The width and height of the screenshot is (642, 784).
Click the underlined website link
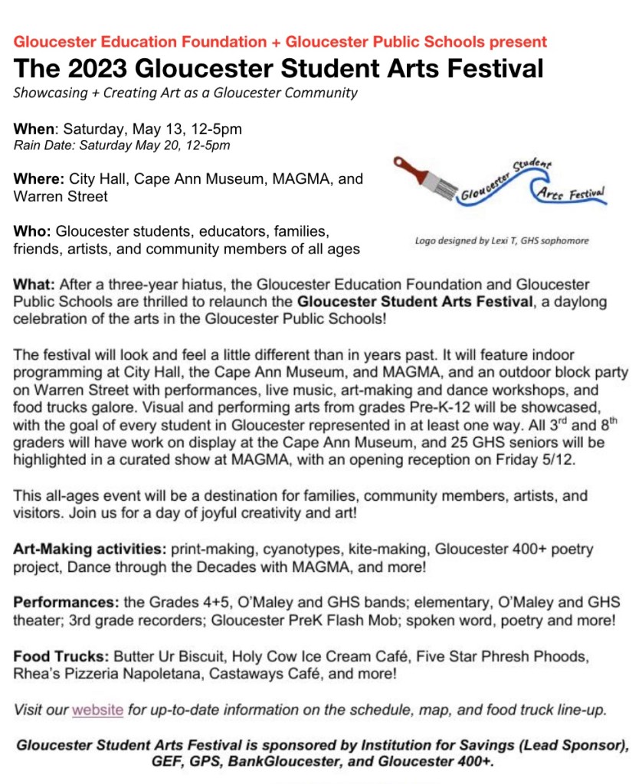(x=97, y=710)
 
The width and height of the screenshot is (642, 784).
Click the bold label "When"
(x=31, y=128)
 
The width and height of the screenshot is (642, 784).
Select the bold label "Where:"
(x=38, y=179)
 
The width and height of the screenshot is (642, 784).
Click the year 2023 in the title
(x=96, y=68)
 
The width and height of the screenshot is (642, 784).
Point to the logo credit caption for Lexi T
(x=502, y=240)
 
